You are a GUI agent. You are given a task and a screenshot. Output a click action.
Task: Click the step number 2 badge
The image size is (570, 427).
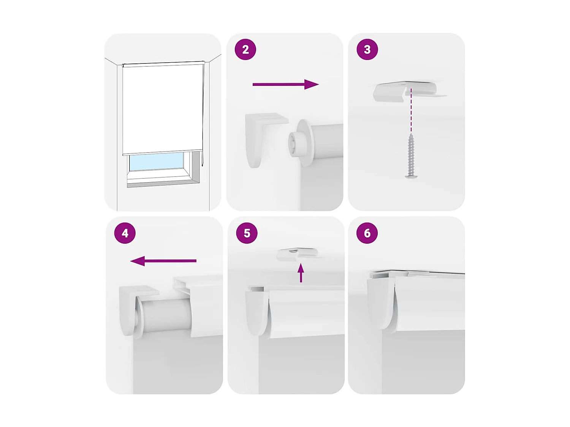click(245, 49)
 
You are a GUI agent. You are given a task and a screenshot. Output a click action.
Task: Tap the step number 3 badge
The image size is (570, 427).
click(367, 49)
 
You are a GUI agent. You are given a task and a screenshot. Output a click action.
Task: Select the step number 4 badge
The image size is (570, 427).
click(125, 233)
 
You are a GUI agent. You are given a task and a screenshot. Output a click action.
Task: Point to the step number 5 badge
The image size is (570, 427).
click(247, 233)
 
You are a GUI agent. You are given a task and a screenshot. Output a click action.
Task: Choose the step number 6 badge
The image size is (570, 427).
click(367, 233)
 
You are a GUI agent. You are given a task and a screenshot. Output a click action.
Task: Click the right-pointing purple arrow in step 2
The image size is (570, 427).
click(285, 84)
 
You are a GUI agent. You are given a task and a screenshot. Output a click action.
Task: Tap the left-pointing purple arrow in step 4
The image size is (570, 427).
click(163, 261)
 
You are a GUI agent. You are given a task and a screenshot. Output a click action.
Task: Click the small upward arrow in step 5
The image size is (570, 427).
click(301, 273)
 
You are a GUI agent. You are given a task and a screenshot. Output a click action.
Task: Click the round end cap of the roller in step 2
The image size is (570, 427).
click(300, 142)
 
